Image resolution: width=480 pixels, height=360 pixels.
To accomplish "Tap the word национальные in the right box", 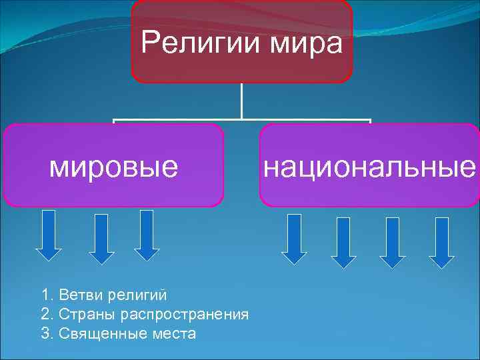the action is coord(369,166).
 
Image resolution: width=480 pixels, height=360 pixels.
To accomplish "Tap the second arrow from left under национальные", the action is coord(344,242).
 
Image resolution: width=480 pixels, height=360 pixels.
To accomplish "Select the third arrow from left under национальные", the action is coord(393,242).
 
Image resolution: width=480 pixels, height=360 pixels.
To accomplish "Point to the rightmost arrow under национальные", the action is coord(441,242).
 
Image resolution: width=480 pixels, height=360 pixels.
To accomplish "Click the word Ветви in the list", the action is coord(77,295).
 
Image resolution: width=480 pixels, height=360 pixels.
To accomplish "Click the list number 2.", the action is coord(46,314).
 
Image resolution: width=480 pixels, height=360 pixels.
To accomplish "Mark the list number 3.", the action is coord(46,333).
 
